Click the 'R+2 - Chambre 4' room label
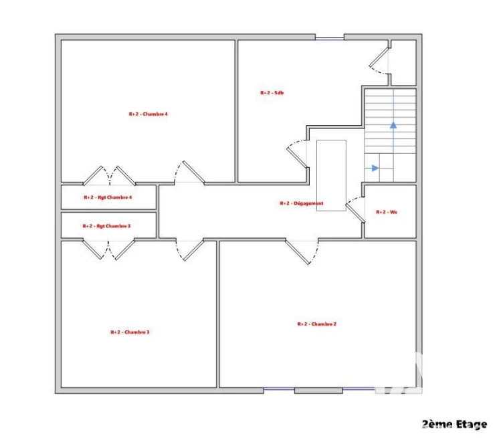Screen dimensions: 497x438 148,114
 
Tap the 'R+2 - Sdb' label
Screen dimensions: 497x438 272,93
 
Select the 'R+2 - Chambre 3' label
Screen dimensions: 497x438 130,332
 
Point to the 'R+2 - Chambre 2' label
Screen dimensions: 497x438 316,324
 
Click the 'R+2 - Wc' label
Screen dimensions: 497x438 387,212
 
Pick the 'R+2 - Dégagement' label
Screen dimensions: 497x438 302,203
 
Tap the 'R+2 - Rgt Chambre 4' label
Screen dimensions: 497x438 108,197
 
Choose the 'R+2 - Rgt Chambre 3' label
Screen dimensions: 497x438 106,226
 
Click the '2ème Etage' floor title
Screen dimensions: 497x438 455,424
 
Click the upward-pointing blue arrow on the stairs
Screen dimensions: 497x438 393,126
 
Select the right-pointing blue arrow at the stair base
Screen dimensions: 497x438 375,168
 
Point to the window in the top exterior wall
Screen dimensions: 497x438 330,39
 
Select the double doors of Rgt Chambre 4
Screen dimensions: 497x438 109,175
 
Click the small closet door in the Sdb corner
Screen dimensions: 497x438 379,61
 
